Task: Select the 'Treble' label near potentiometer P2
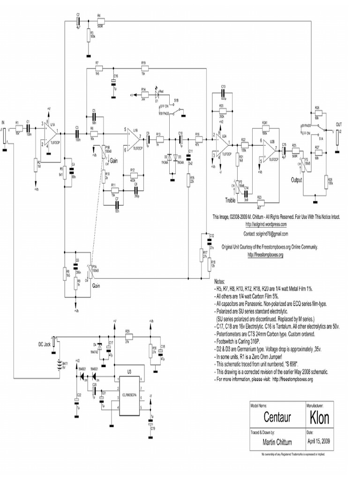(231, 200)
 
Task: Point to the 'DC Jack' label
(44, 344)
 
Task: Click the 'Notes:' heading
(220, 282)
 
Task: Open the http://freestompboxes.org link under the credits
(265, 255)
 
